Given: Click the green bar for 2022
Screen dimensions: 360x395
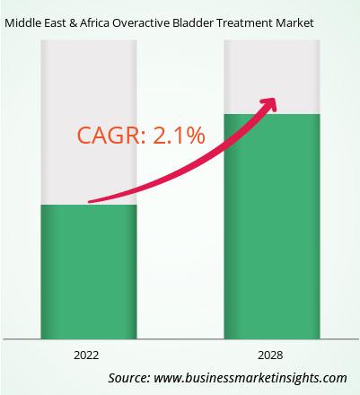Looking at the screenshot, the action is point(89,272).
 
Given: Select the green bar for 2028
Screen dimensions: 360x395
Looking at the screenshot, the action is point(272,226).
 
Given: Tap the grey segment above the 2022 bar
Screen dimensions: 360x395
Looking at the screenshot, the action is point(89,122).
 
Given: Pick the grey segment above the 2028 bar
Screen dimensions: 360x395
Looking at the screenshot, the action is point(272,77).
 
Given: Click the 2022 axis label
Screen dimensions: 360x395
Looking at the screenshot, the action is point(86,355).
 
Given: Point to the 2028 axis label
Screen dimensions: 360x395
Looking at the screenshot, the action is point(270,355).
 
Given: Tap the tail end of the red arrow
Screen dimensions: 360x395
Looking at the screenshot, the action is point(90,202).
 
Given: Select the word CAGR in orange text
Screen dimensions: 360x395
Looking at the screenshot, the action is point(110,136).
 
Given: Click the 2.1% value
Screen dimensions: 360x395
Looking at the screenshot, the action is point(179,136).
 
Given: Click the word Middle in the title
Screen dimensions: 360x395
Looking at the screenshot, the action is point(22,23).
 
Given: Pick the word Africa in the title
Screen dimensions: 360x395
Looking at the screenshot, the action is point(94,23).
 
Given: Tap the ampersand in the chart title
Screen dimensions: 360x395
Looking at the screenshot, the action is point(73,23).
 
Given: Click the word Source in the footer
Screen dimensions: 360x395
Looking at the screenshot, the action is point(128,378).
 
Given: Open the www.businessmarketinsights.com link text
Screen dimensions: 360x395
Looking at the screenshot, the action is point(250,378).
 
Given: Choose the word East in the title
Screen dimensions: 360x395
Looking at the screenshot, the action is point(55,23).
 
